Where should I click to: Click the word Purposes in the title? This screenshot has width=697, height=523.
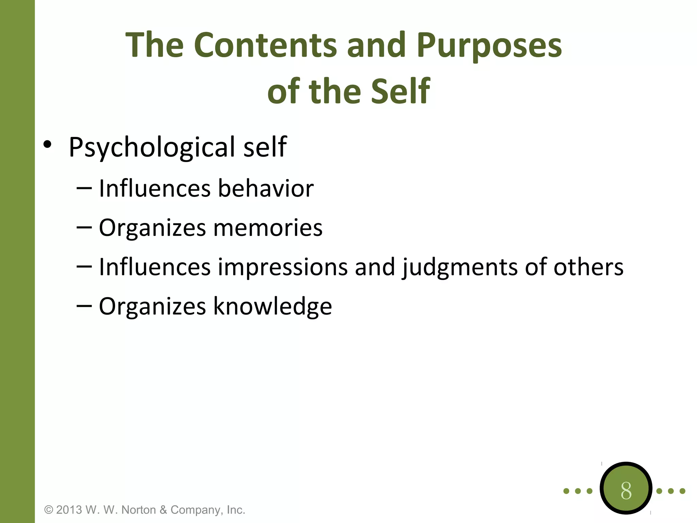489,45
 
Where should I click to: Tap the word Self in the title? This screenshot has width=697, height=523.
401,91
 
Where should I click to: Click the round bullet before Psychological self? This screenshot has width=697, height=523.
47,144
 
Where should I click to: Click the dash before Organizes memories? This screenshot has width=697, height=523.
84,227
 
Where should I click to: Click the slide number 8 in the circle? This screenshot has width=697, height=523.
626,491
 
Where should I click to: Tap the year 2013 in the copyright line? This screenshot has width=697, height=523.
69,510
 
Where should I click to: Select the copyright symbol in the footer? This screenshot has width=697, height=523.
49,510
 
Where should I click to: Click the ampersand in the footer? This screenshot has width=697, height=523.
163,510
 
